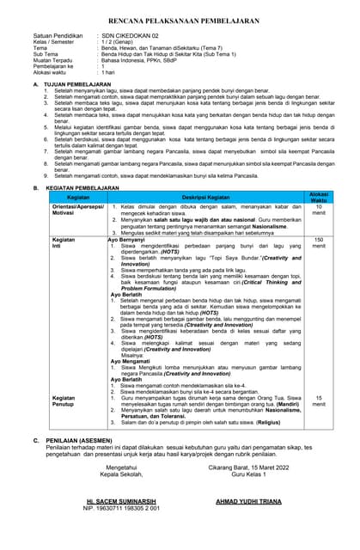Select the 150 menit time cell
coord(319,243)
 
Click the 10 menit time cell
coord(319,211)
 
